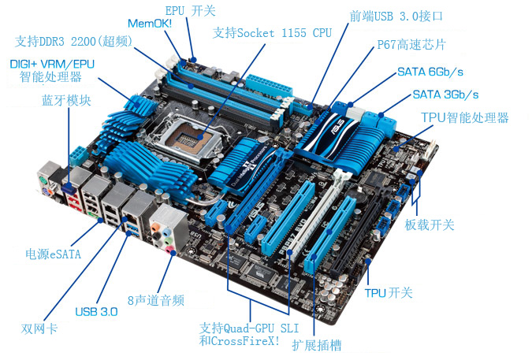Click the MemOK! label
150,24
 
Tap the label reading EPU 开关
191,10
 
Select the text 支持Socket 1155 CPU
272,33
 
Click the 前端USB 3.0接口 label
396,16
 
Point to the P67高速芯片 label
411,44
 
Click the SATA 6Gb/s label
430,72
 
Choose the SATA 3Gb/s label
445,95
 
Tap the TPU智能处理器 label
465,117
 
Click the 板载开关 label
430,225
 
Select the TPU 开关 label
389,292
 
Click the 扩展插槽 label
317,345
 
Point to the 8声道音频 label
156,300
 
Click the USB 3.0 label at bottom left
96,311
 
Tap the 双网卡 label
39,328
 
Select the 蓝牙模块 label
66,100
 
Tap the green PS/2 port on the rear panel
43,180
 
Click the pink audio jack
169,251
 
